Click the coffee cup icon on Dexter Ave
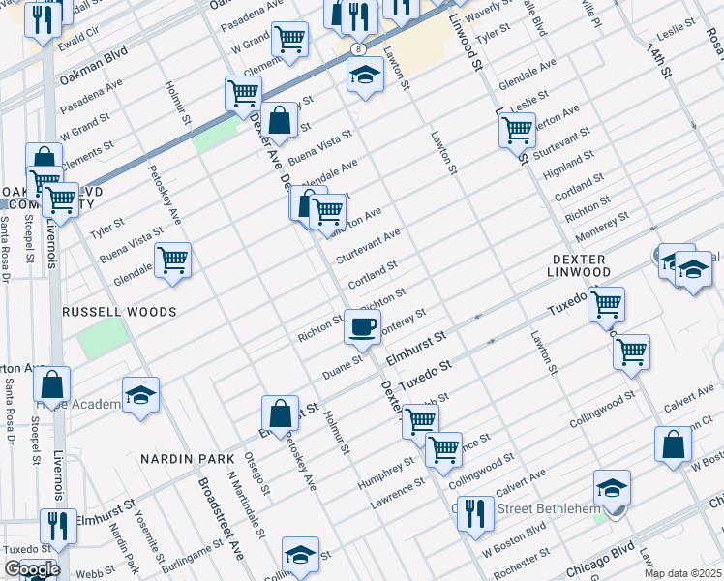pyautogui.click(x=362, y=326)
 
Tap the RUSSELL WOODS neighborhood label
pyautogui.click(x=119, y=312)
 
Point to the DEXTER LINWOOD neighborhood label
pyautogui.click(x=580, y=266)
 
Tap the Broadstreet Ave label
pyautogui.click(x=221, y=518)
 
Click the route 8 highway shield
pyautogui.click(x=359, y=47)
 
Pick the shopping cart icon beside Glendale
pyautogui.click(x=172, y=259)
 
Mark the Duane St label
pyautogui.click(x=344, y=366)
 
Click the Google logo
pyautogui.click(x=32, y=569)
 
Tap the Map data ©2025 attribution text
pyautogui.click(x=682, y=572)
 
